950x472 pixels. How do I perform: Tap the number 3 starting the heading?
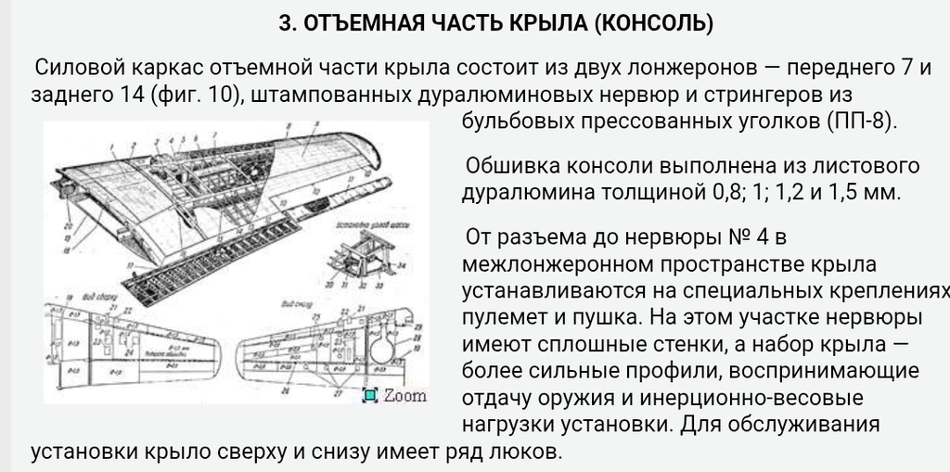[284, 24]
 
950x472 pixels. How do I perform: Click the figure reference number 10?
[220, 95]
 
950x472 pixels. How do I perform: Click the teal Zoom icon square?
[370, 396]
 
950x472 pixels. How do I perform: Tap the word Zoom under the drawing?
[404, 396]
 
